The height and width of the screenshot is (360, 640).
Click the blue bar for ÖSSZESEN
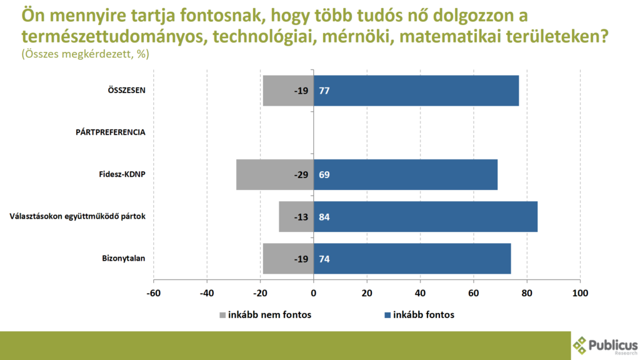(x=416, y=91)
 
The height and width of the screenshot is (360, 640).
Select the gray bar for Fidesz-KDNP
(x=275, y=174)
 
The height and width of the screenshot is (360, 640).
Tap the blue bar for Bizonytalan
(x=412, y=258)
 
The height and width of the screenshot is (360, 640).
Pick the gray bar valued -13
(x=296, y=216)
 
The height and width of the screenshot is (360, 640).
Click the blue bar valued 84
(x=425, y=216)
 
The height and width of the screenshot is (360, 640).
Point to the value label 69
(x=324, y=174)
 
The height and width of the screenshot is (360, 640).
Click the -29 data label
(x=301, y=174)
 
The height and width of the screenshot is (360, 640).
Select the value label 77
(x=324, y=91)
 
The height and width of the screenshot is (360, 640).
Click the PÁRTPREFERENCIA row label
(x=111, y=132)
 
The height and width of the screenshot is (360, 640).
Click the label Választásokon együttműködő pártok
(x=77, y=216)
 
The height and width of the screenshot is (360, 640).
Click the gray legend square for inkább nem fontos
(x=224, y=315)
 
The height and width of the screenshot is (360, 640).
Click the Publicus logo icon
(x=580, y=344)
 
